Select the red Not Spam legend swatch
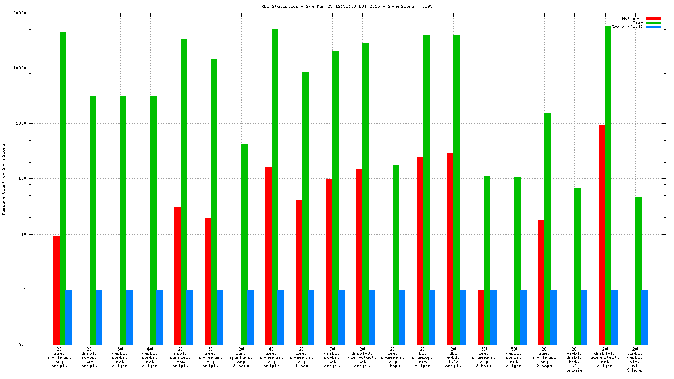click(x=653, y=18)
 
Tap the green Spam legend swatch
click(x=653, y=23)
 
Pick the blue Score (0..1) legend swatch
click(x=653, y=27)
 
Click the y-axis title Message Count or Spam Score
click(x=4, y=179)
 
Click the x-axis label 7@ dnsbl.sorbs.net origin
click(x=332, y=357)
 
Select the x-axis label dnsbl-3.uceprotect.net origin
click(x=362, y=357)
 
